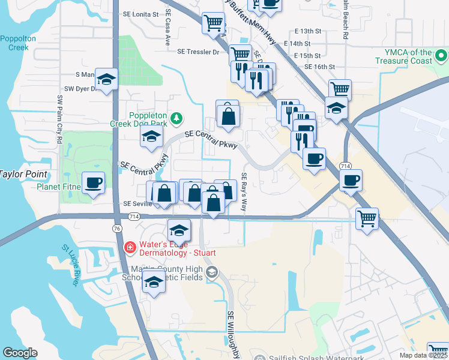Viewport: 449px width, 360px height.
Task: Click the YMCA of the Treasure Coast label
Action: point(403,56)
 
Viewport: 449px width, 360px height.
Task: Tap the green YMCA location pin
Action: point(442,57)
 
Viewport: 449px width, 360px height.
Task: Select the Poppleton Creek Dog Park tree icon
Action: point(176,117)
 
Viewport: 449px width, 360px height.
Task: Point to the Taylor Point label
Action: point(17,174)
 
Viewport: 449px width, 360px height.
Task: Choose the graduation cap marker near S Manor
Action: point(106,79)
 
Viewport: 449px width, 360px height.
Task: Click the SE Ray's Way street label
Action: point(244,192)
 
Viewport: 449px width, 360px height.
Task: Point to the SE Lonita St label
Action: point(139,13)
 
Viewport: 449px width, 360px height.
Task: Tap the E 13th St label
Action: point(308,31)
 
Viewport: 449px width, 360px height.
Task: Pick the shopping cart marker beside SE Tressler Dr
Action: point(240,55)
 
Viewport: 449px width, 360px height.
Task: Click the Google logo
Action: point(20,352)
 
